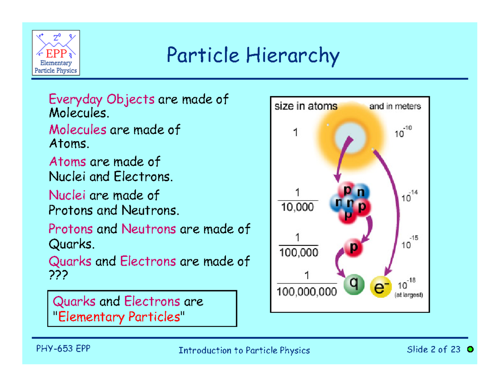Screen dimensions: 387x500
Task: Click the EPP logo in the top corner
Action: tap(56, 53)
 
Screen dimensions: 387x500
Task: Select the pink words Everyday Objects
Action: tap(102, 99)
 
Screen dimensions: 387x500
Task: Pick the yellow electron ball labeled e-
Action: tap(380, 288)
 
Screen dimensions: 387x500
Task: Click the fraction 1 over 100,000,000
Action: tap(307, 285)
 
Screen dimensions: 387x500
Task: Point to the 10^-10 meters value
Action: tap(402, 133)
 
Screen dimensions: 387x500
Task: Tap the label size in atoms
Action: tap(306, 106)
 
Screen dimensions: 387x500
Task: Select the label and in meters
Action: tap(395, 106)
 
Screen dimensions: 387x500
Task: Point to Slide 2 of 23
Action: tap(434, 349)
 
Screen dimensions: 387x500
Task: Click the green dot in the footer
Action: tap(470, 349)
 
